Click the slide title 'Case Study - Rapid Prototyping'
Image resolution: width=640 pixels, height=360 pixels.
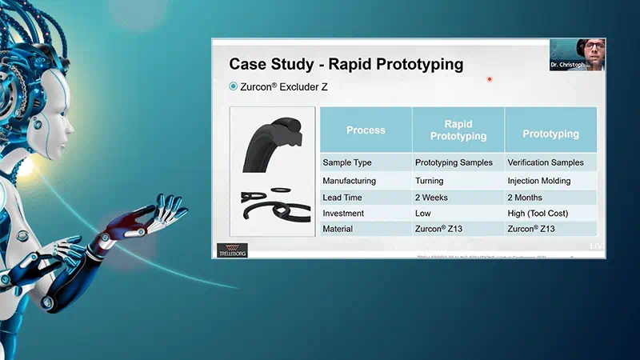pos(346,64)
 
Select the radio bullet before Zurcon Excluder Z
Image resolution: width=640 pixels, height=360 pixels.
pos(234,86)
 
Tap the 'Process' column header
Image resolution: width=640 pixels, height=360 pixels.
pos(366,130)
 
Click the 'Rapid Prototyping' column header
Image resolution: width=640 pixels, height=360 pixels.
pos(458,130)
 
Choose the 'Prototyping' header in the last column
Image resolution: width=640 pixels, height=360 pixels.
pos(550,130)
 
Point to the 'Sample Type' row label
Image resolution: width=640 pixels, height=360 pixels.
pos(349,162)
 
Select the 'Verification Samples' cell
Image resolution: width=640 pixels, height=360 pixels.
pos(546,162)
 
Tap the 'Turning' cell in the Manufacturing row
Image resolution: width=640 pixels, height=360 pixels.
pos(429,181)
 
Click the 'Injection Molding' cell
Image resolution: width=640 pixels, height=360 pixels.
pos(539,181)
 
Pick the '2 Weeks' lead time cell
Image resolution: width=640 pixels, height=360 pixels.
pos(432,198)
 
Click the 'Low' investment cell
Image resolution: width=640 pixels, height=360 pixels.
pos(423,214)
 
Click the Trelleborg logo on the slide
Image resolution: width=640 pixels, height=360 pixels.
pos(233,250)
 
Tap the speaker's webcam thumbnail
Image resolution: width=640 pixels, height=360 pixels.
pos(577,54)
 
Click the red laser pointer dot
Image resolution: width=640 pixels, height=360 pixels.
pos(489,79)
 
